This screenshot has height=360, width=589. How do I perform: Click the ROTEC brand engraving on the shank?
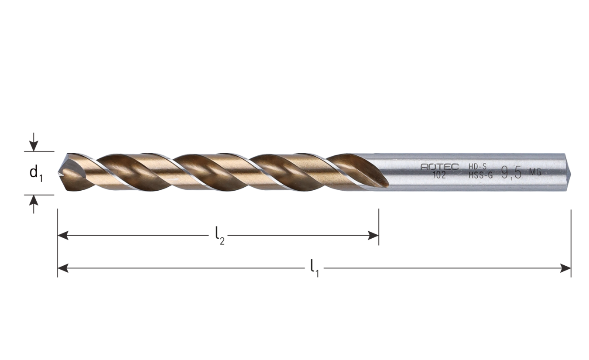(x=439, y=167)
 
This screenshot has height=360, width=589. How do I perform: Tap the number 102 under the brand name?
(x=439, y=175)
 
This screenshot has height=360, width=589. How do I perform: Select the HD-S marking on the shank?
(x=477, y=166)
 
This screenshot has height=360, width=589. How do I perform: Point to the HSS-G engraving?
(x=480, y=175)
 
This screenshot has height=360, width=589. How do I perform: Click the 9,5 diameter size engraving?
(x=511, y=172)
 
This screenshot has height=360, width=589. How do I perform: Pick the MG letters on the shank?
(x=535, y=172)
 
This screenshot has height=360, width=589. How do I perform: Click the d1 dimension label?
(x=35, y=173)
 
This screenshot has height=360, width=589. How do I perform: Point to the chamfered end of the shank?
(x=568, y=172)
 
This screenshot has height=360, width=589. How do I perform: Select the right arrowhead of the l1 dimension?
(x=566, y=268)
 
